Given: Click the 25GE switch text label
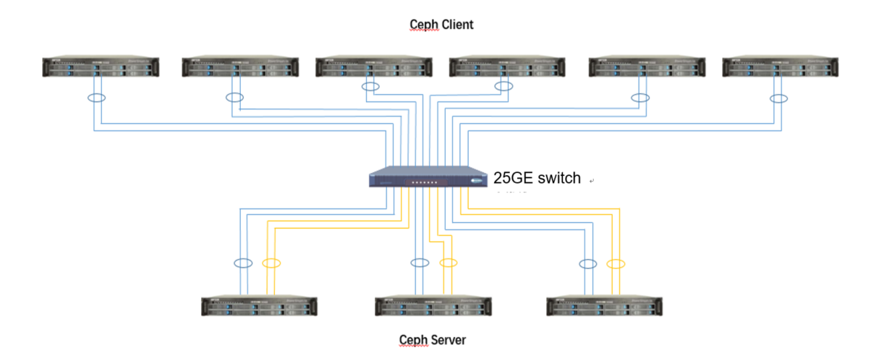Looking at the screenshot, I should (537, 178).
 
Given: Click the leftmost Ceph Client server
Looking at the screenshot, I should (101, 66).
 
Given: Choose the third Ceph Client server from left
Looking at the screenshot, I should (374, 66).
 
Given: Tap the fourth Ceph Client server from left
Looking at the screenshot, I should (507, 66).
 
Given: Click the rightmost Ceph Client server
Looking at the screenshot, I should (781, 66).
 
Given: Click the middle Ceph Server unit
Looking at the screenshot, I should (433, 305).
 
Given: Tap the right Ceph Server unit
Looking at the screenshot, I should (605, 305).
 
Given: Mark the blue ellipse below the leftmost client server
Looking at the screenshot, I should (96, 98).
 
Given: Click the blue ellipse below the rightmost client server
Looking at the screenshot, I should (778, 98).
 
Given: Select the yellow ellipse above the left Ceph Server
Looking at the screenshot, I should (271, 263).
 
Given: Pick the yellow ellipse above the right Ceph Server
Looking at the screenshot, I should (615, 263).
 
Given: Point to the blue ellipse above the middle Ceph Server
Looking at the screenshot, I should (419, 263).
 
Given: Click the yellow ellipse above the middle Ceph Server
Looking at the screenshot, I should (449, 263).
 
